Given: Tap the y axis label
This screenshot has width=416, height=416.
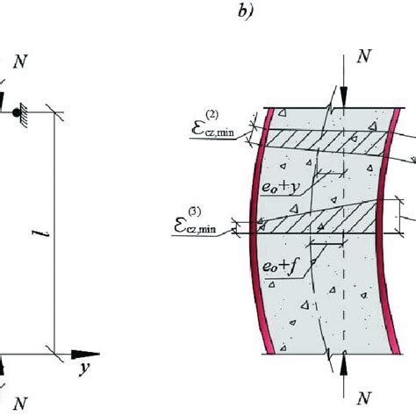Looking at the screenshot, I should point(87,369).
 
